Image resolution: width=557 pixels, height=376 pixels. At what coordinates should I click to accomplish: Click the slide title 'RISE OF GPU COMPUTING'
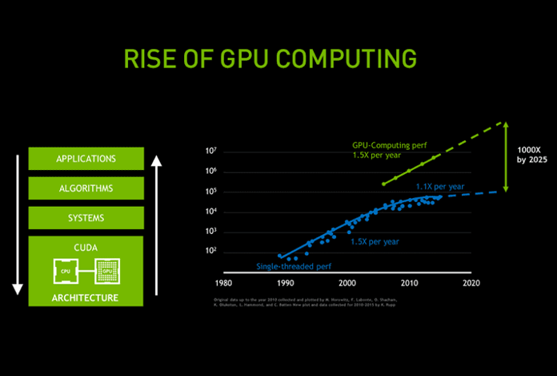pos(270,59)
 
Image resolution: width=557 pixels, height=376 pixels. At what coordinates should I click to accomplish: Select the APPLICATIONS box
pos(86,159)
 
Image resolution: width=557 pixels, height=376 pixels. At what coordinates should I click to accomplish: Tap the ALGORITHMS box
pos(86,188)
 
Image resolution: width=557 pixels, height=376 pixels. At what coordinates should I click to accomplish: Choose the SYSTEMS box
pos(86,217)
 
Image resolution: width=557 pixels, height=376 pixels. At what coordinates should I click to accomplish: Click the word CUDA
pos(86,247)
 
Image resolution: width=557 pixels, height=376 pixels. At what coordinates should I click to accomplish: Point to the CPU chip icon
pos(65,271)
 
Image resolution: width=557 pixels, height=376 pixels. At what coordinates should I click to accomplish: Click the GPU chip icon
pos(106,271)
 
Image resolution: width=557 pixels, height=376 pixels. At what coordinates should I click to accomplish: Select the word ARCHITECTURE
pos(86,297)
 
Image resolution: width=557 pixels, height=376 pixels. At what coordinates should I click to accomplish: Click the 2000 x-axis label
pos(347,283)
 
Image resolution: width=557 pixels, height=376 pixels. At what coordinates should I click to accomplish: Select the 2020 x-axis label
pos(471,283)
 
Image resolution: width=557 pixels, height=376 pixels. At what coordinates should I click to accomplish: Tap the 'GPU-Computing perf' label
pos(388,146)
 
